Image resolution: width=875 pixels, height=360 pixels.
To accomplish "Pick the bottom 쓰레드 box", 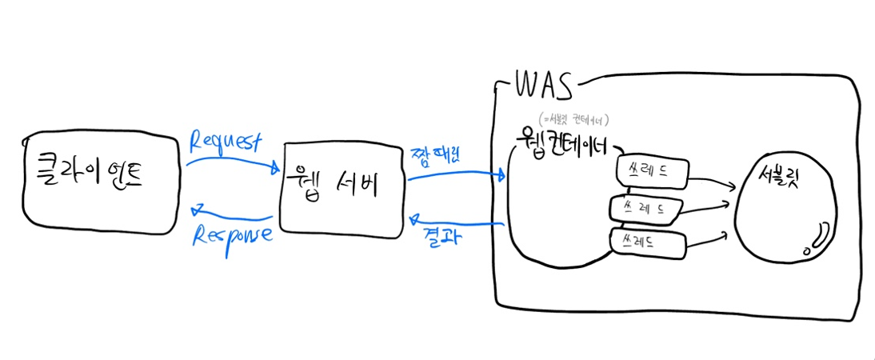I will [x=645, y=242].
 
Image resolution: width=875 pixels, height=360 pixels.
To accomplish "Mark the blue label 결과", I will [x=441, y=236].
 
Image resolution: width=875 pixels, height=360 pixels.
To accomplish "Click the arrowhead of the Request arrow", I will [x=275, y=169].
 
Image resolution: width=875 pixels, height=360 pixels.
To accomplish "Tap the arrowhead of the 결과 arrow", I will [x=414, y=218].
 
